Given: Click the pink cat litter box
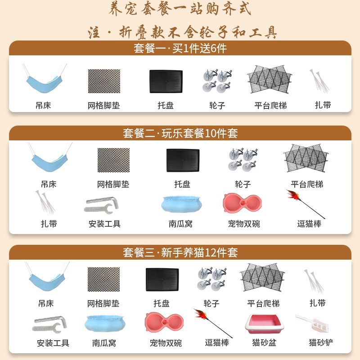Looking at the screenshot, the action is (263, 324).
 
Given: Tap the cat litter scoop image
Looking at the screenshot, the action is (313, 323).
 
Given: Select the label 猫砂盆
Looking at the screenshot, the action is (264, 342).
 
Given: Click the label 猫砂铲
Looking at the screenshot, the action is (321, 342).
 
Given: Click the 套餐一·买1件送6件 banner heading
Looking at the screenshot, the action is (180, 48).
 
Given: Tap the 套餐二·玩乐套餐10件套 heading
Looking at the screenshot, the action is (180, 133).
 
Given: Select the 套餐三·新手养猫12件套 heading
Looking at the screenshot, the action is (180, 252).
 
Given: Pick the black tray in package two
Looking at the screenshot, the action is (183, 160).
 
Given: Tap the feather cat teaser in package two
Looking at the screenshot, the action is (306, 204).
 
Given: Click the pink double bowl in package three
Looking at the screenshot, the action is (164, 322).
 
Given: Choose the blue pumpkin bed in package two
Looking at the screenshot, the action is (181, 204).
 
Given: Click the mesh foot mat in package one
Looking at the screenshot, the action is (104, 81).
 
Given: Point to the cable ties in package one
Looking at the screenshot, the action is (319, 81).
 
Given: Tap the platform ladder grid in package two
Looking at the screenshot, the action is (306, 158).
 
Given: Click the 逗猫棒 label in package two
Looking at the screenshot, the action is (309, 224).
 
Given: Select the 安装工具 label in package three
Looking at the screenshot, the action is (53, 343).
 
